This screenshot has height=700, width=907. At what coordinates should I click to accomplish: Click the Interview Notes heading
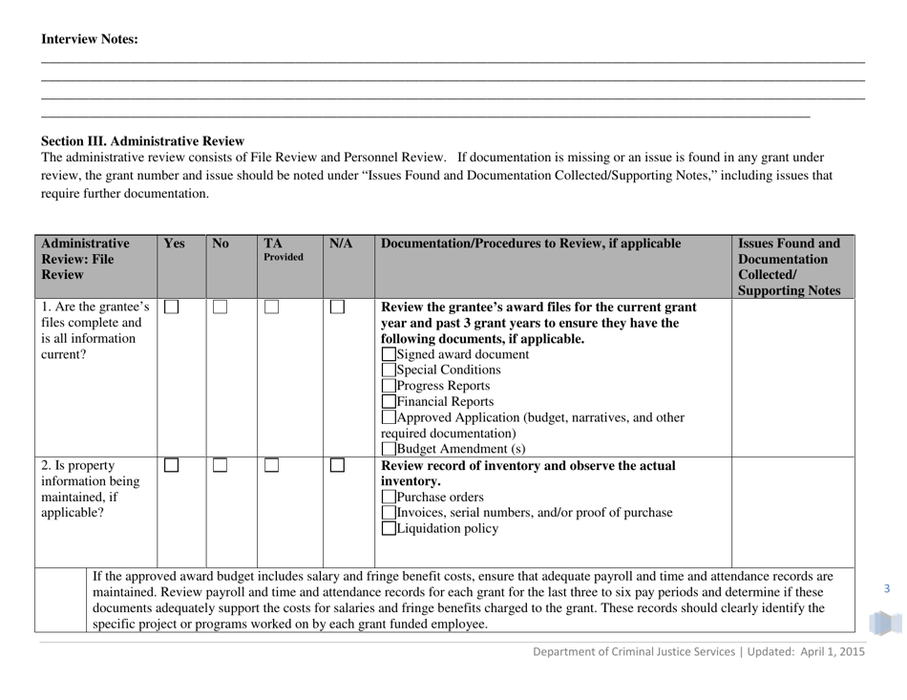(x=89, y=39)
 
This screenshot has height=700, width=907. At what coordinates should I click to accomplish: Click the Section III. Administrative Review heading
(x=142, y=140)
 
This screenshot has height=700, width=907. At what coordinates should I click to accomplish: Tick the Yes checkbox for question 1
(x=172, y=307)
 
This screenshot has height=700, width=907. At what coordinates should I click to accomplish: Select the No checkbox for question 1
(x=220, y=307)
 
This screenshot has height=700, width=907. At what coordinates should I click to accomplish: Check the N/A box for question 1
(x=337, y=307)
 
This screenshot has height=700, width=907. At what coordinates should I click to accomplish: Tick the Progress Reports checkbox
(x=388, y=386)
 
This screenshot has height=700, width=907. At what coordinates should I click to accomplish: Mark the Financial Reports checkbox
(x=388, y=402)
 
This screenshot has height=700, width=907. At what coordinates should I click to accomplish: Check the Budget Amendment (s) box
(x=388, y=450)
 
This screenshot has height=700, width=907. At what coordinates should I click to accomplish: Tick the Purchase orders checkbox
(x=388, y=498)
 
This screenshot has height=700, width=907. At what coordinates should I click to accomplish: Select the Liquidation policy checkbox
(x=388, y=529)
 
